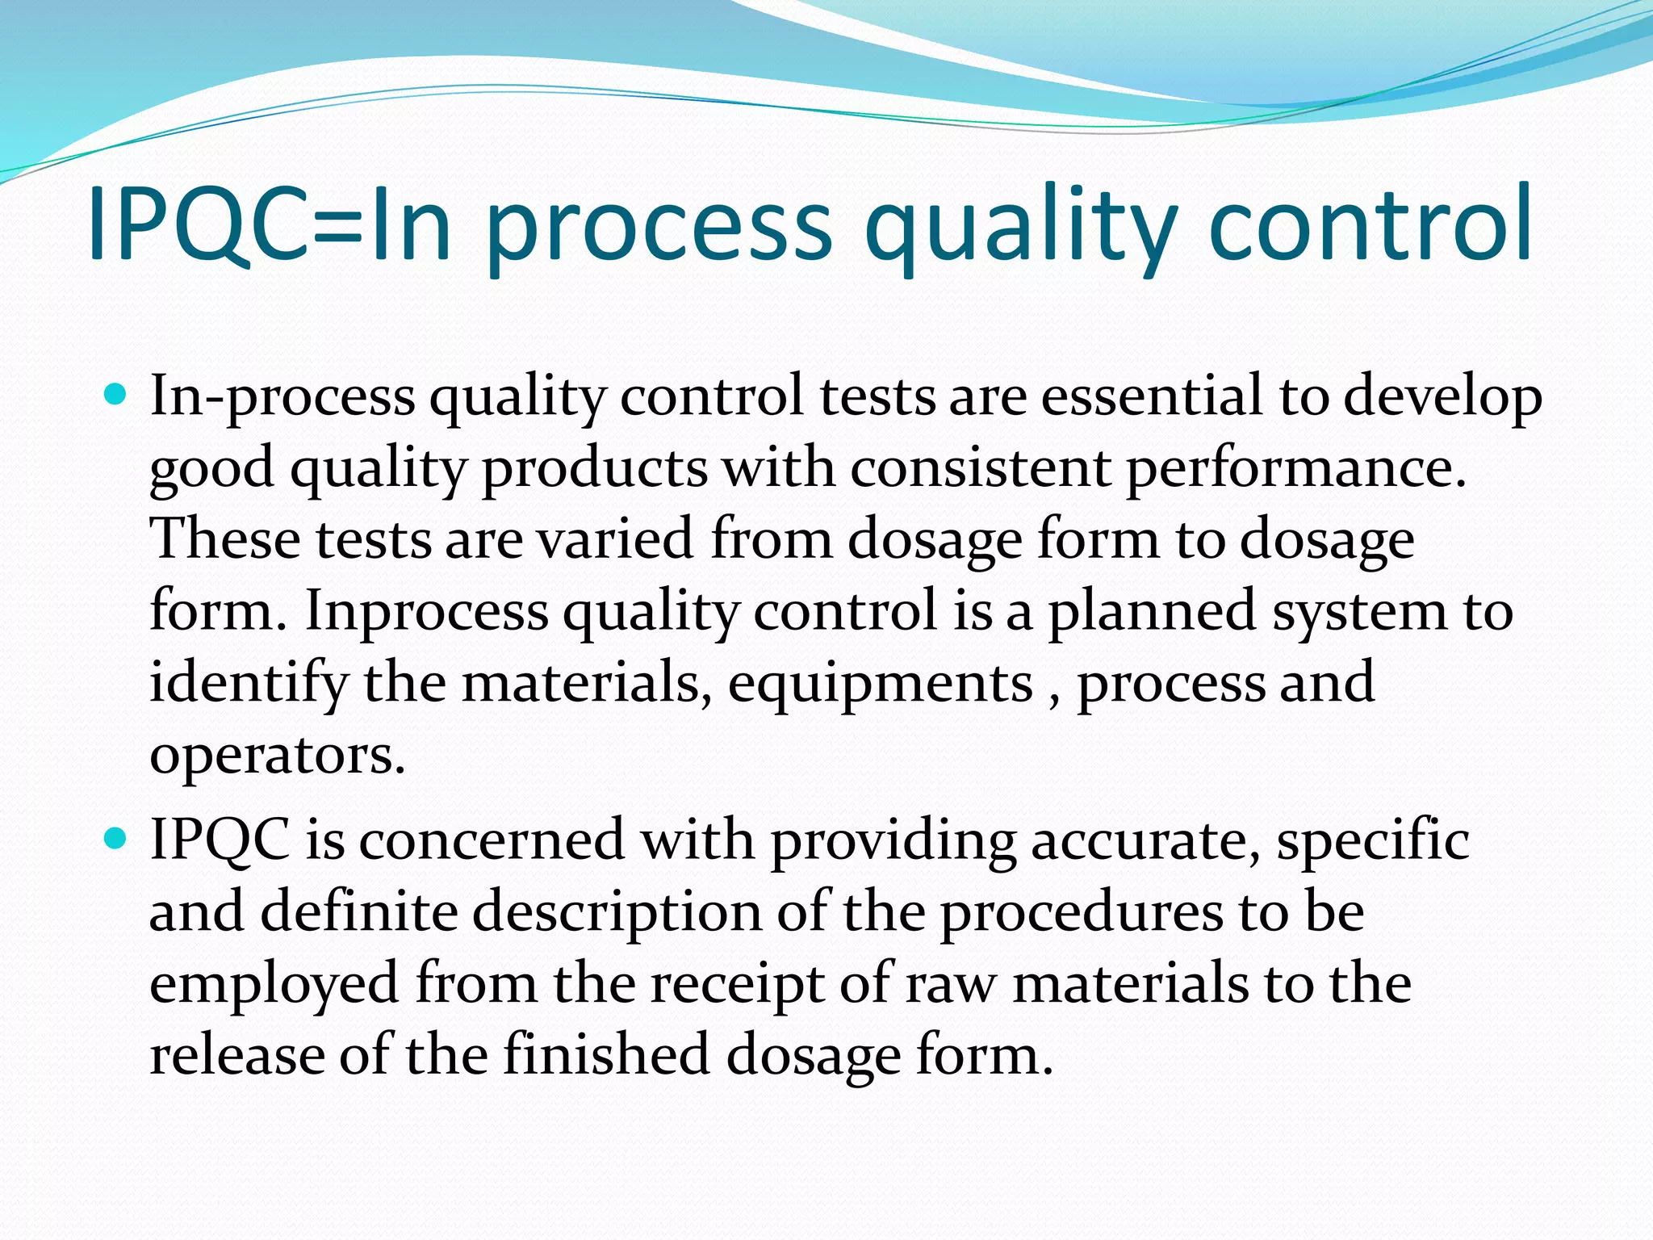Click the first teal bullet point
click(x=116, y=395)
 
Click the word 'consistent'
click(x=980, y=467)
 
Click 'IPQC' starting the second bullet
click(x=220, y=840)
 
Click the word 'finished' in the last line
click(x=605, y=1054)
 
